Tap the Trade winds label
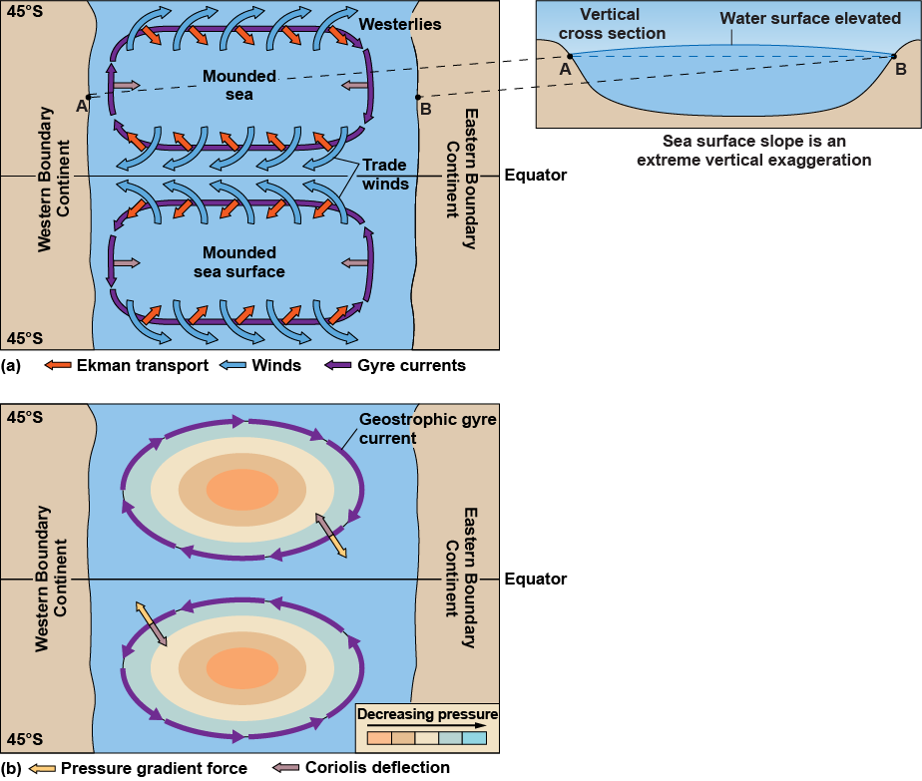coord(385,175)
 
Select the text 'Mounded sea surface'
coord(238,262)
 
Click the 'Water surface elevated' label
coord(810,19)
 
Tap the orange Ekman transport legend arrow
coord(57,366)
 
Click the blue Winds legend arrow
coord(232,366)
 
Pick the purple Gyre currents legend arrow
coord(340,366)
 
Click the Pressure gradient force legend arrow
coord(41,768)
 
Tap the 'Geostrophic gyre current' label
coord(428,429)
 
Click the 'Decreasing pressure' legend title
coord(427,714)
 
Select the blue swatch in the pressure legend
coord(474,739)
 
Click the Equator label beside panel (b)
coord(536,580)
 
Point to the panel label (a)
coord(12,366)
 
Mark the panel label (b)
coord(12,768)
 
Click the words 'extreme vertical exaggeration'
coord(758,160)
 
